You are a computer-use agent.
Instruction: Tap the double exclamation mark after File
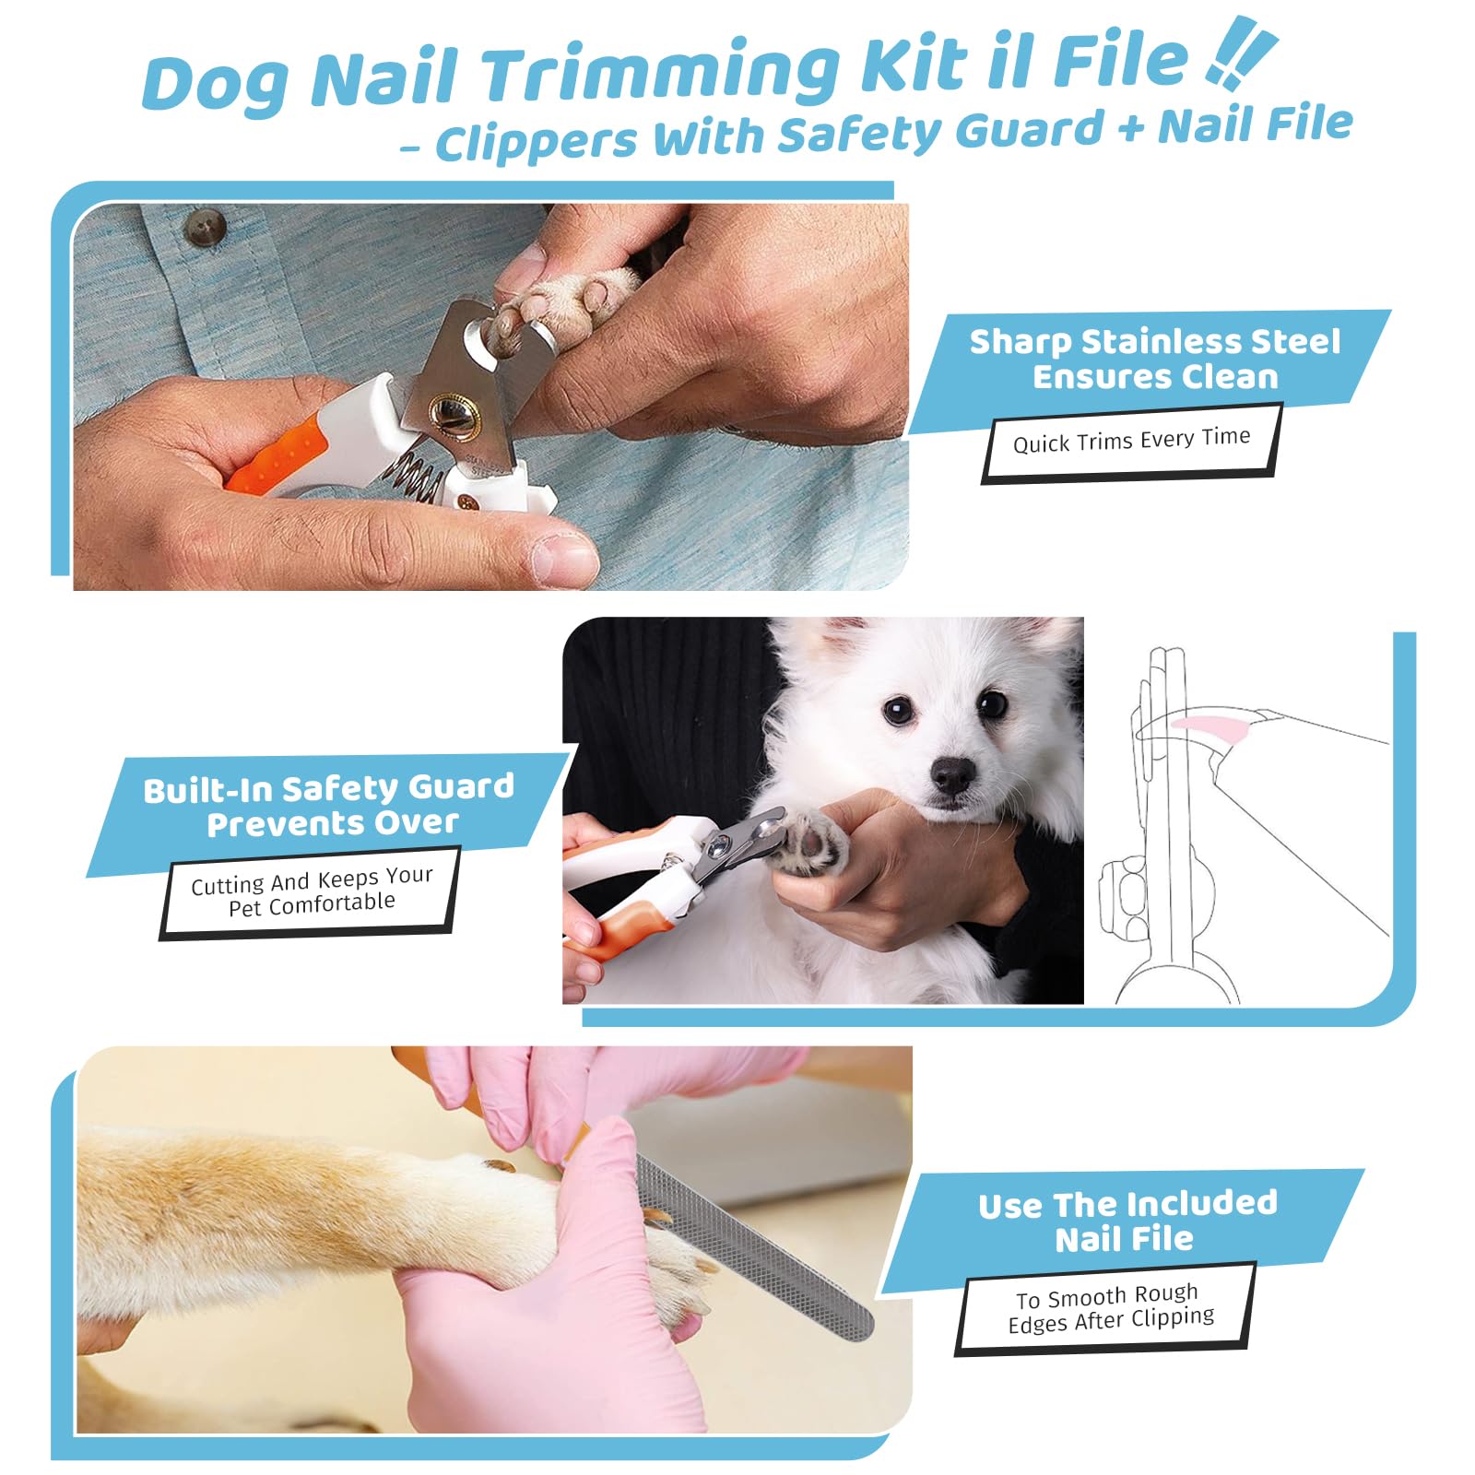click(x=1240, y=57)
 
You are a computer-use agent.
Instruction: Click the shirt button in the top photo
click(x=204, y=227)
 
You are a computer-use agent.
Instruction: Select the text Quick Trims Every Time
click(x=1131, y=440)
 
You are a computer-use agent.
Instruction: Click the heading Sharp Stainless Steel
click(x=1154, y=342)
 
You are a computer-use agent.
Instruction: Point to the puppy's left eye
click(x=993, y=704)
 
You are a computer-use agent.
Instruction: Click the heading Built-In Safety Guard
click(x=328, y=789)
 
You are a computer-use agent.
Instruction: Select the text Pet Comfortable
click(x=312, y=904)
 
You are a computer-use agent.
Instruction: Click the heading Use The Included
click(x=1127, y=1204)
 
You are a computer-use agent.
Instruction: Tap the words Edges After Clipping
click(x=1111, y=1320)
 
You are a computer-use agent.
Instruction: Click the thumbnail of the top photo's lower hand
click(x=562, y=558)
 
